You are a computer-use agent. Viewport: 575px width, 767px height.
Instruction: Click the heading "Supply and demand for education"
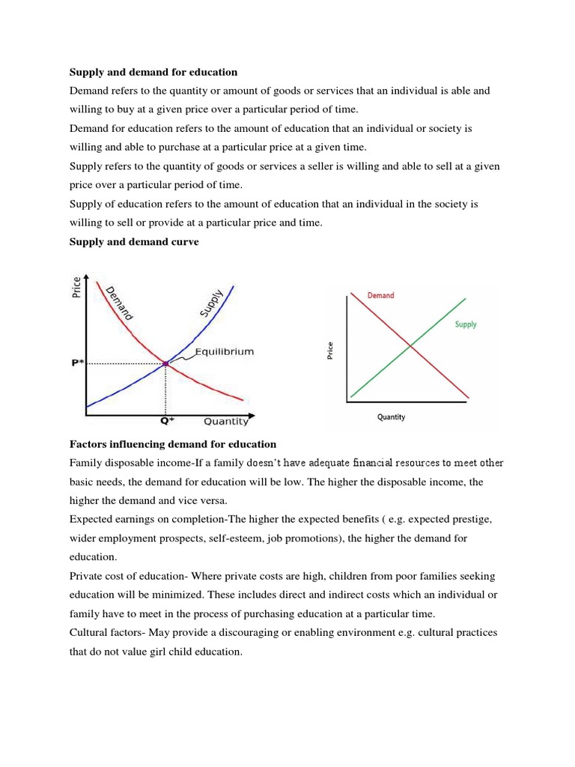[153, 72]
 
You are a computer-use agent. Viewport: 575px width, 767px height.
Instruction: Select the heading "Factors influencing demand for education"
[173, 444]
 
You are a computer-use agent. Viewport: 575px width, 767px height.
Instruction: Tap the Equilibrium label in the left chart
[224, 351]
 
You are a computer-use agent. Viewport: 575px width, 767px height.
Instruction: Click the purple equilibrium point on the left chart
[165, 364]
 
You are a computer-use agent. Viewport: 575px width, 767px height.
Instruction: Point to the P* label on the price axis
[77, 363]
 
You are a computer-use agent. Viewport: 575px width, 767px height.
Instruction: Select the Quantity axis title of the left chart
[226, 421]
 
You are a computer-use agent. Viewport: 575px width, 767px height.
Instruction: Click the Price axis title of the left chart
[76, 288]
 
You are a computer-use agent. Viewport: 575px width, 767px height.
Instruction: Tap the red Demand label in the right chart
[380, 295]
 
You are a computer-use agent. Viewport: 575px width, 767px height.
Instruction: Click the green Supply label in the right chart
[466, 324]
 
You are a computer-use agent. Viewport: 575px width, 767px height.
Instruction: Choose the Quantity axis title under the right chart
[391, 417]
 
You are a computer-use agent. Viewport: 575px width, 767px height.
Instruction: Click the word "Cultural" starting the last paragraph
[89, 633]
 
